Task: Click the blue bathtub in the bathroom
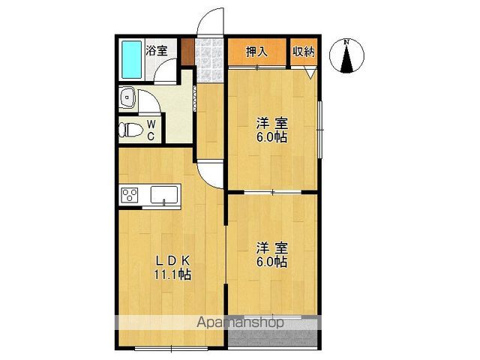point(132,60)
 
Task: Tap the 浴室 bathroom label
point(157,50)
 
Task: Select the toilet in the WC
point(130,130)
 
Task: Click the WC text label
point(151,130)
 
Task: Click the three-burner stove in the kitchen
point(130,195)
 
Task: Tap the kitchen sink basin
point(164,194)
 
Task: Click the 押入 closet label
point(256,52)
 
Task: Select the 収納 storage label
point(304,52)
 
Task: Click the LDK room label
point(173,261)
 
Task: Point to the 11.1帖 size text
point(172,274)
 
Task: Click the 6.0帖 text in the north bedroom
point(271,137)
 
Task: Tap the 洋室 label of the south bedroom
point(272,248)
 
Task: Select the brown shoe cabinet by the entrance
point(187,52)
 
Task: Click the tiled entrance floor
point(209,60)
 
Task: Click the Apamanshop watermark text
point(240,322)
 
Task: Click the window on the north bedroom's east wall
point(320,130)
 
